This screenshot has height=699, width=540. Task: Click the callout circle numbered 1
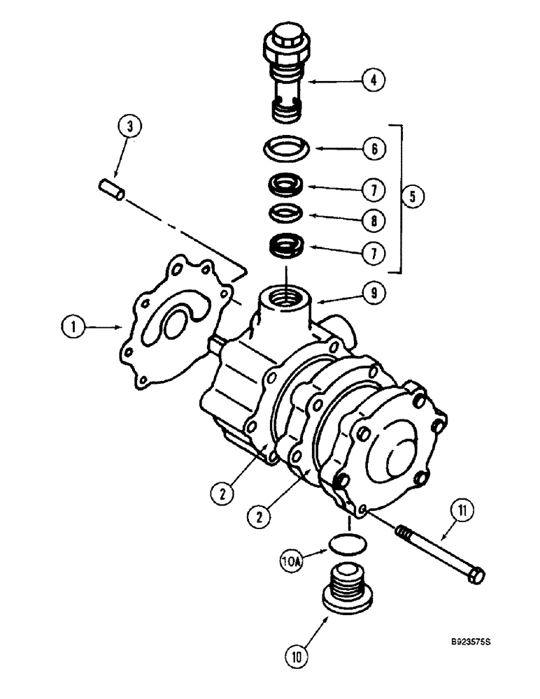coord(72,325)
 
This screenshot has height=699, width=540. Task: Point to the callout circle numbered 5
coord(413,198)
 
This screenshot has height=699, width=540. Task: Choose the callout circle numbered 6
coord(374,149)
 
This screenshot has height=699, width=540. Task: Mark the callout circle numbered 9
coord(374,294)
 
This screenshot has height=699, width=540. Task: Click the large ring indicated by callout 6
coord(287,150)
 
